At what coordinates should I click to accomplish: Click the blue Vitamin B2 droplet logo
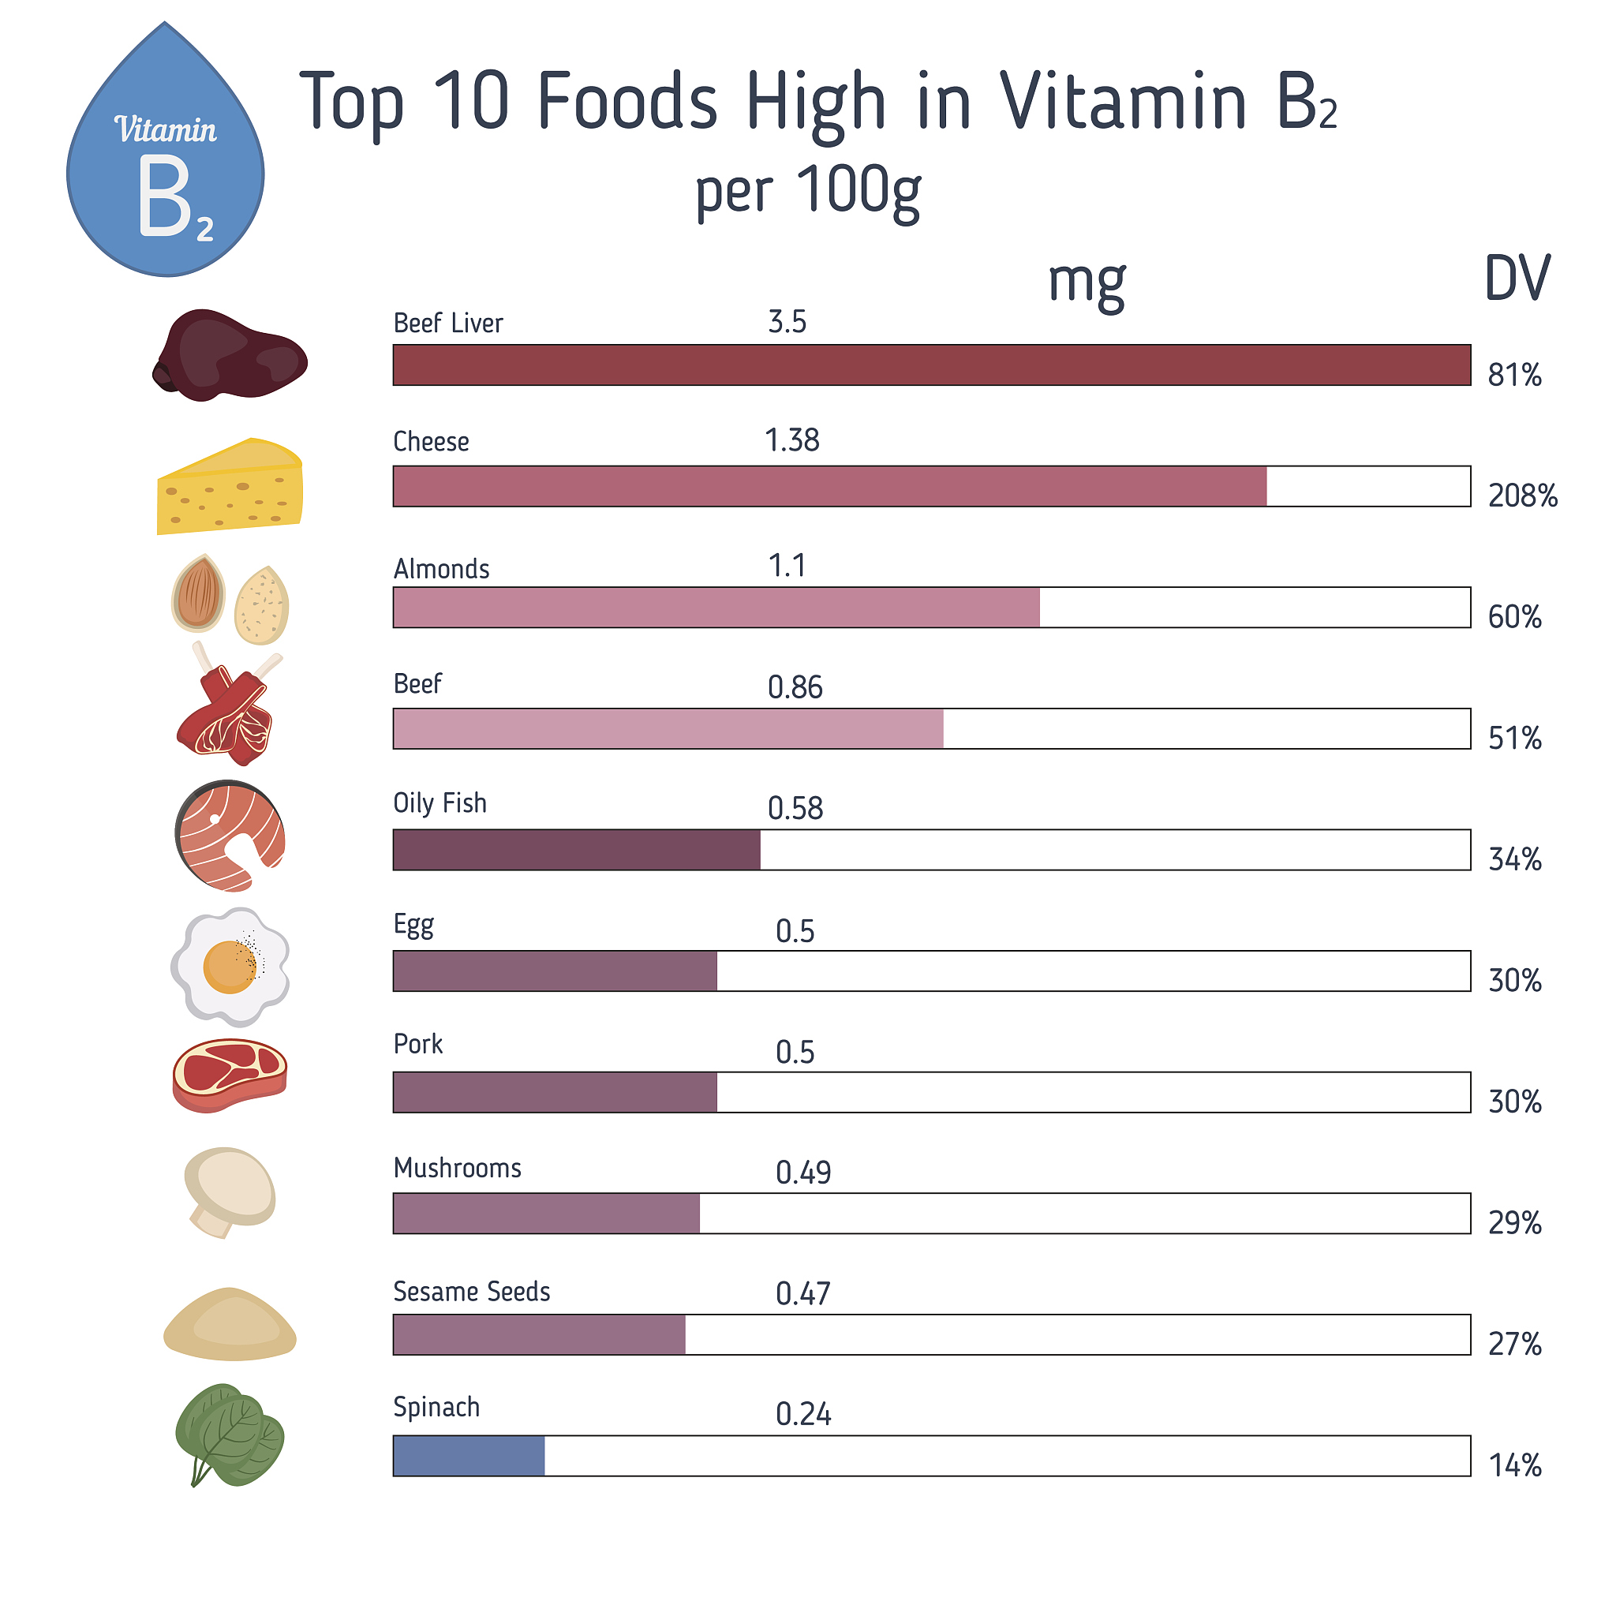tap(166, 159)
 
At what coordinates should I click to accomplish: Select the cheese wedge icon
tap(230, 486)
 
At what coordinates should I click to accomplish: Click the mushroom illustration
tap(229, 1189)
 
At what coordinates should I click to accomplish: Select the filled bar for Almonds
tap(716, 608)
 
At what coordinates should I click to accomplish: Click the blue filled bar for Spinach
tap(469, 1457)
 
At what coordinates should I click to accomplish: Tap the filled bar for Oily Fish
tap(576, 850)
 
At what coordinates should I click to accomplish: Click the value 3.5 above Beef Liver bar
tap(787, 322)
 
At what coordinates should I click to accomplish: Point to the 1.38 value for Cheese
tap(792, 441)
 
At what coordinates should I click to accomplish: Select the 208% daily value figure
tap(1522, 496)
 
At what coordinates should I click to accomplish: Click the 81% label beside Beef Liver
tap(1514, 376)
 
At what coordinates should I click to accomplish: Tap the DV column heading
tap(1517, 279)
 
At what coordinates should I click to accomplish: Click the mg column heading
tap(1087, 282)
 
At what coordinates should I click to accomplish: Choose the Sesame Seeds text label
tap(472, 1292)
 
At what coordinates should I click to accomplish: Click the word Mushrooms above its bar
tap(458, 1168)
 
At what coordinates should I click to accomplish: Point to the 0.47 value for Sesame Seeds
tap(803, 1294)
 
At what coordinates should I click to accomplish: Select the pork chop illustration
tap(230, 1074)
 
